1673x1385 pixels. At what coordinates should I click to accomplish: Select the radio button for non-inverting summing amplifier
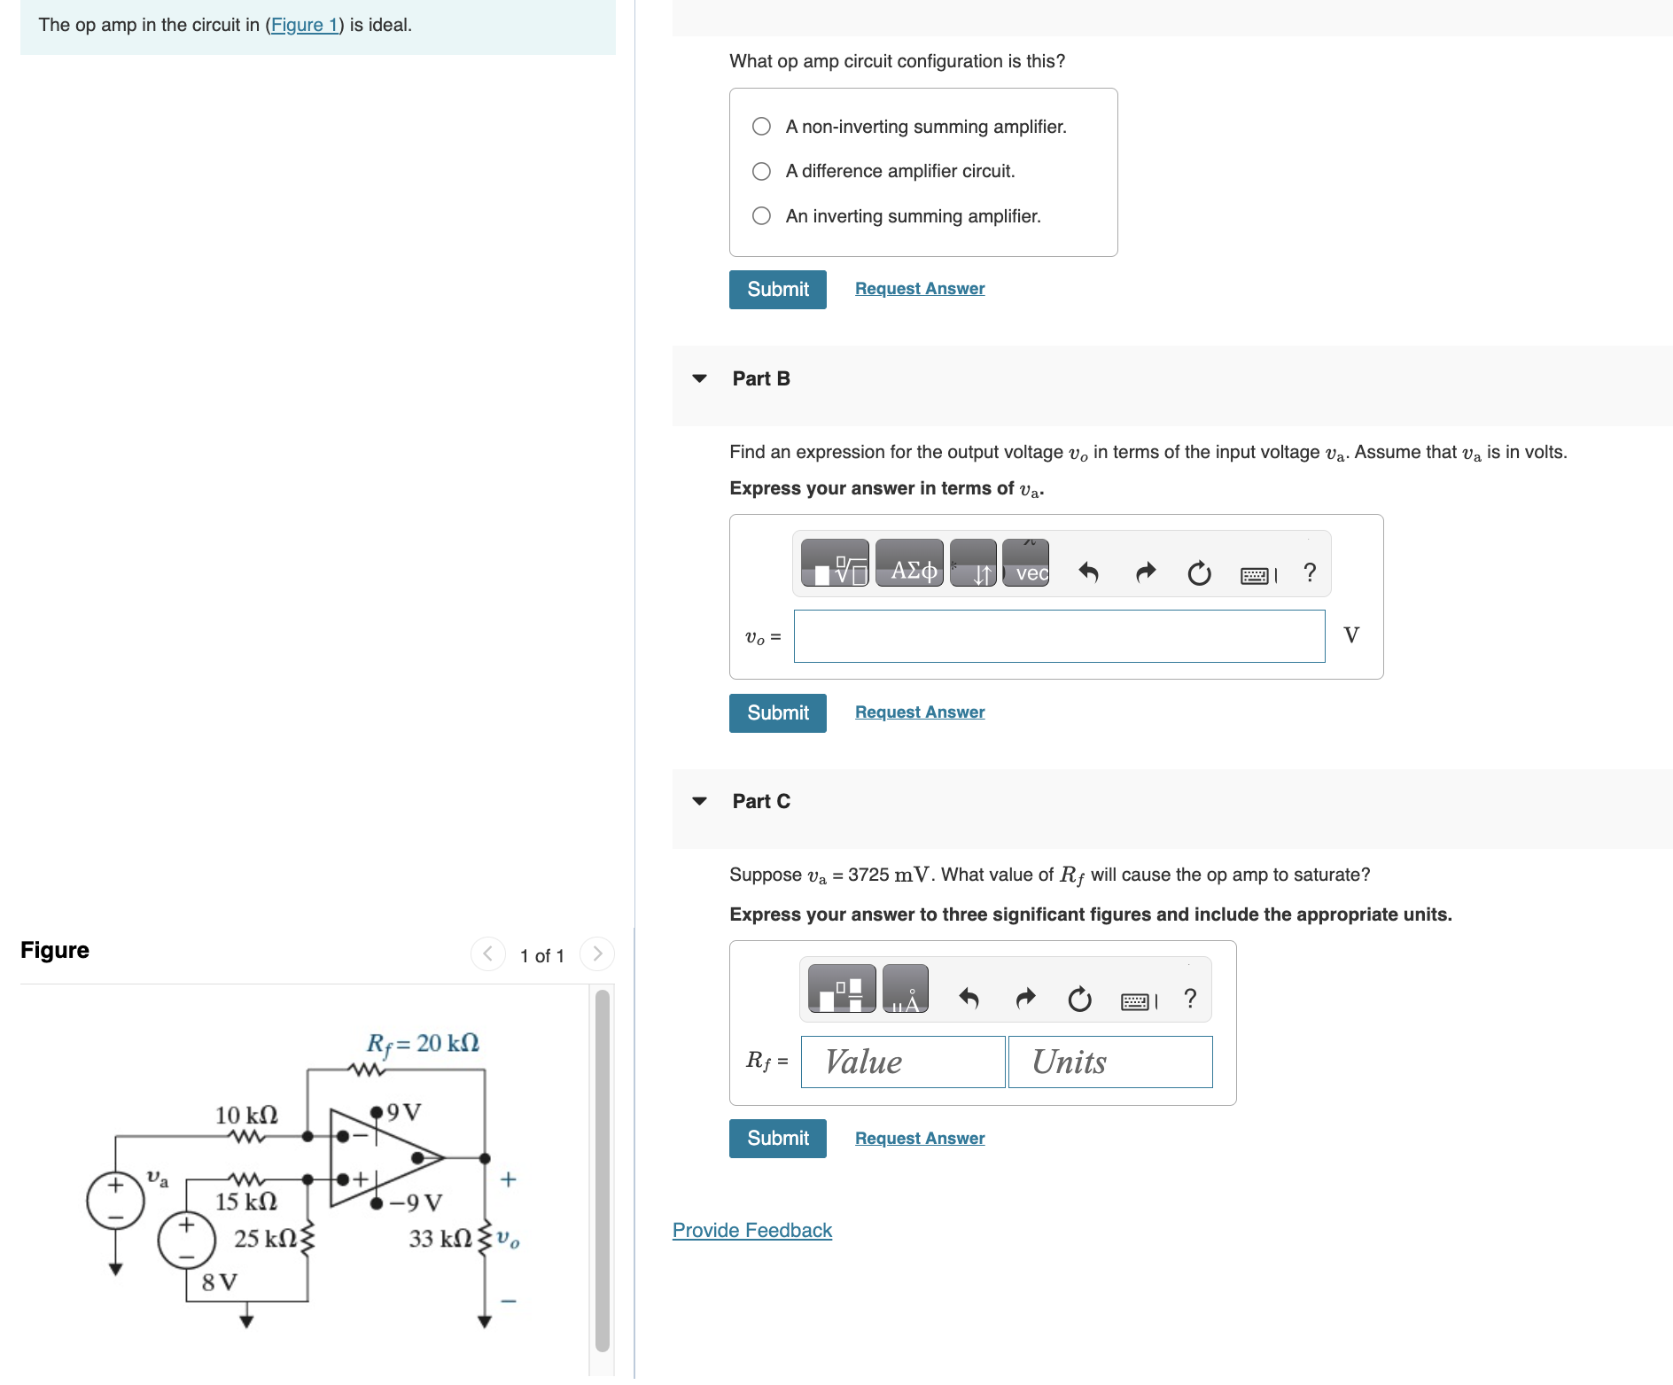click(x=761, y=127)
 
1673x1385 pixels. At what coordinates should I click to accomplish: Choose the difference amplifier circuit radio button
click(x=761, y=171)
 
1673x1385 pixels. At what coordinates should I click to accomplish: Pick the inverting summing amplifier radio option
click(x=761, y=216)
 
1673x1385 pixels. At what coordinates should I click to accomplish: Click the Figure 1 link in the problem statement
click(x=304, y=25)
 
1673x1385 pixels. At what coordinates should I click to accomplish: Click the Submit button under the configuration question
click(x=777, y=290)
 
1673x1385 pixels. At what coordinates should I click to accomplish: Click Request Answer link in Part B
click(x=919, y=712)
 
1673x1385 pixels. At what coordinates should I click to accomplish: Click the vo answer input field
click(x=1058, y=636)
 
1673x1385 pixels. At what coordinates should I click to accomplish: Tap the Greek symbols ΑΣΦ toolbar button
click(x=909, y=564)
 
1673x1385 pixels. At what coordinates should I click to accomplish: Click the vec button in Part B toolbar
click(x=1026, y=564)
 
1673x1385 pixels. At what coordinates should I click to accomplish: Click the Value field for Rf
click(x=902, y=1062)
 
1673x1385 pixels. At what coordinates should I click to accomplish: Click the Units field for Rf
click(x=1109, y=1062)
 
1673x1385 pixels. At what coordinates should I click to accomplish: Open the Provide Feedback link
click(x=751, y=1231)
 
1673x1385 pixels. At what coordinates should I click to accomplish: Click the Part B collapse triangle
click(x=699, y=378)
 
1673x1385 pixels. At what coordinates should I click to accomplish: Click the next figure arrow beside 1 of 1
click(x=596, y=954)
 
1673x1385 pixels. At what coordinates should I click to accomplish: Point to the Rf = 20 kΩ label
click(x=423, y=1044)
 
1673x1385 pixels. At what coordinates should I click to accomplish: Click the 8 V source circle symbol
click(x=186, y=1240)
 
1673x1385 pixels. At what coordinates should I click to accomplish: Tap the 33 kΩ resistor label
click(x=440, y=1239)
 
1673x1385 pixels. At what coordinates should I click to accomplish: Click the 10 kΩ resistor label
click(x=246, y=1115)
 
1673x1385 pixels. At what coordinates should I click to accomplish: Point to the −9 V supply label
click(x=416, y=1203)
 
